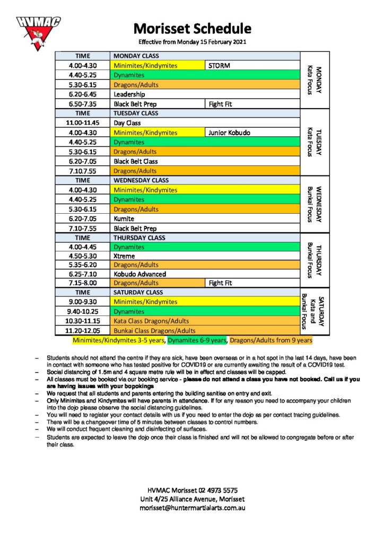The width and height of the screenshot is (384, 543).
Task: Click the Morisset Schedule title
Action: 192,28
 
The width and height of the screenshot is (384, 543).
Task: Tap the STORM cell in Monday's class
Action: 252,66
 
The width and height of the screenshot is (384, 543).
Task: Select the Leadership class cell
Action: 205,94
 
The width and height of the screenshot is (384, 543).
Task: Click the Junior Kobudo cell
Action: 252,133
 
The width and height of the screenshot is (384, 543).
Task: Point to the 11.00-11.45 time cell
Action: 83,123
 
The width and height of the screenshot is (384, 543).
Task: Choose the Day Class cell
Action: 205,123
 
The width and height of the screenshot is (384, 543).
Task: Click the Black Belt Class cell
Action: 205,161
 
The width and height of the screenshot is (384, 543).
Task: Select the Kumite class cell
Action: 205,218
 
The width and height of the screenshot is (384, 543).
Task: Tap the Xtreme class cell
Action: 205,256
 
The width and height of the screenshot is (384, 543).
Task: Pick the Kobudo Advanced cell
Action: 205,274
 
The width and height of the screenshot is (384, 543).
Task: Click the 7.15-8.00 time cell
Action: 83,283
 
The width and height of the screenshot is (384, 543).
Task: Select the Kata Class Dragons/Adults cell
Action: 205,321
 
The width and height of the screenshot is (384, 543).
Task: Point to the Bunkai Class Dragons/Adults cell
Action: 205,330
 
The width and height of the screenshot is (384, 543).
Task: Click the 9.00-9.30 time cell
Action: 83,302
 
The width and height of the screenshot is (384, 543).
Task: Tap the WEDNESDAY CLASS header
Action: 205,180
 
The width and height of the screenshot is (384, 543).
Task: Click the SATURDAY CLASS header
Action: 205,292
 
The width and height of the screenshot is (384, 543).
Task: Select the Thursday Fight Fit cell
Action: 252,283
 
